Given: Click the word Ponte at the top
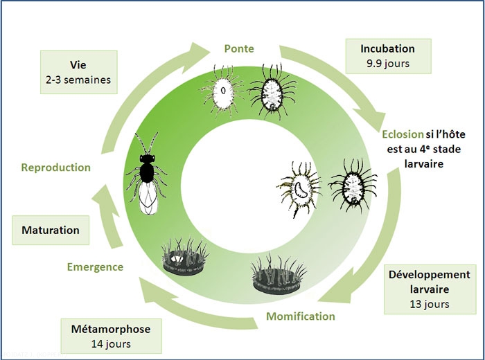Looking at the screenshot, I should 239,49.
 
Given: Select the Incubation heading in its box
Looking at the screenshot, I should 387,48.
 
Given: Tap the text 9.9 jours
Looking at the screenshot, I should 387,64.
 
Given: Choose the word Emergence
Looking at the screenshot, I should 95,267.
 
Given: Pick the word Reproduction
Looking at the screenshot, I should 55,168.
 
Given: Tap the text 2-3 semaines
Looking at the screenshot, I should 76,80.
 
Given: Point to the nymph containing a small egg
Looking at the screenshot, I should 223,91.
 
